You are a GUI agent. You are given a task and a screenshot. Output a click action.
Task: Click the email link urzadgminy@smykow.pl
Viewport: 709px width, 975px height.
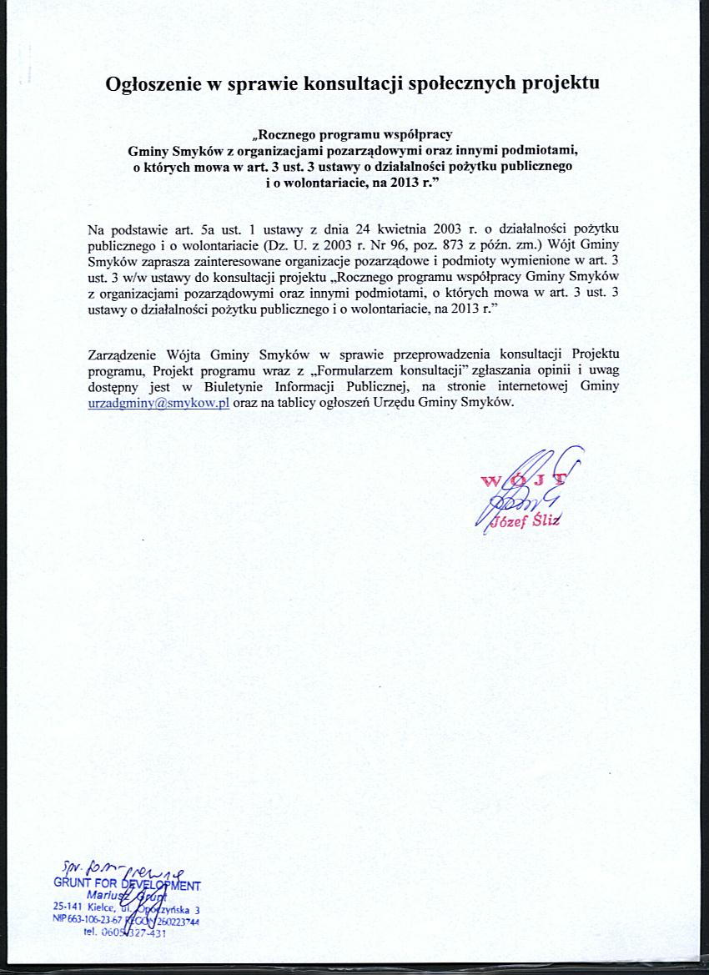pyautogui.click(x=158, y=402)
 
